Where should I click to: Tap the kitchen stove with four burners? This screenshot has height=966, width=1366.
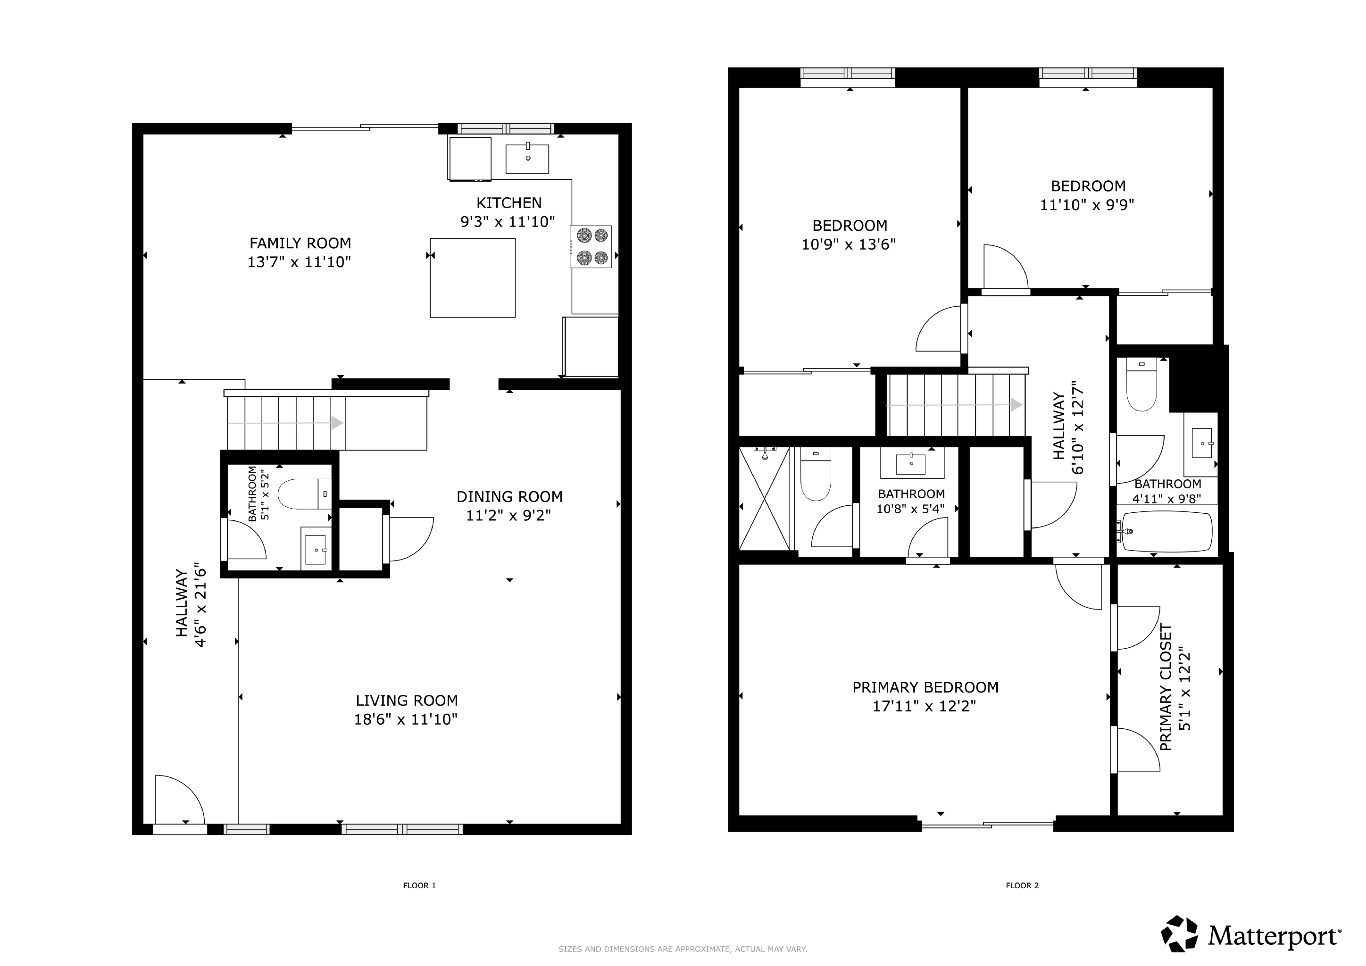tap(591, 246)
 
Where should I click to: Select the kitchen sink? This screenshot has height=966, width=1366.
tap(527, 158)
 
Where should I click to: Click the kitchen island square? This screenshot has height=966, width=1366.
tap(473, 278)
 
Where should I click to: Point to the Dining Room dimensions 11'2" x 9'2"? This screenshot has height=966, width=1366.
tap(509, 515)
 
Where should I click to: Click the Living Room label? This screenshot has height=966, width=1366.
tap(407, 701)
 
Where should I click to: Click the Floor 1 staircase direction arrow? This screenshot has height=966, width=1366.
tap(285, 423)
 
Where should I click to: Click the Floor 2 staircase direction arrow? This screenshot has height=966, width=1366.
tap(955, 405)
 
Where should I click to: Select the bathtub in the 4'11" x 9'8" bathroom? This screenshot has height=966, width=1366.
tap(1166, 531)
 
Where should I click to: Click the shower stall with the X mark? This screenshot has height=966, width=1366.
tap(764, 498)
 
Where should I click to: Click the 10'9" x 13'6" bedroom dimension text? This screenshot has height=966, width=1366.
tap(849, 245)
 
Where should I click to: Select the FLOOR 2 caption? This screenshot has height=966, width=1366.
tap(1022, 886)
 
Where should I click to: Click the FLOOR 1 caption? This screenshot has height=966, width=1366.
tap(419, 886)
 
